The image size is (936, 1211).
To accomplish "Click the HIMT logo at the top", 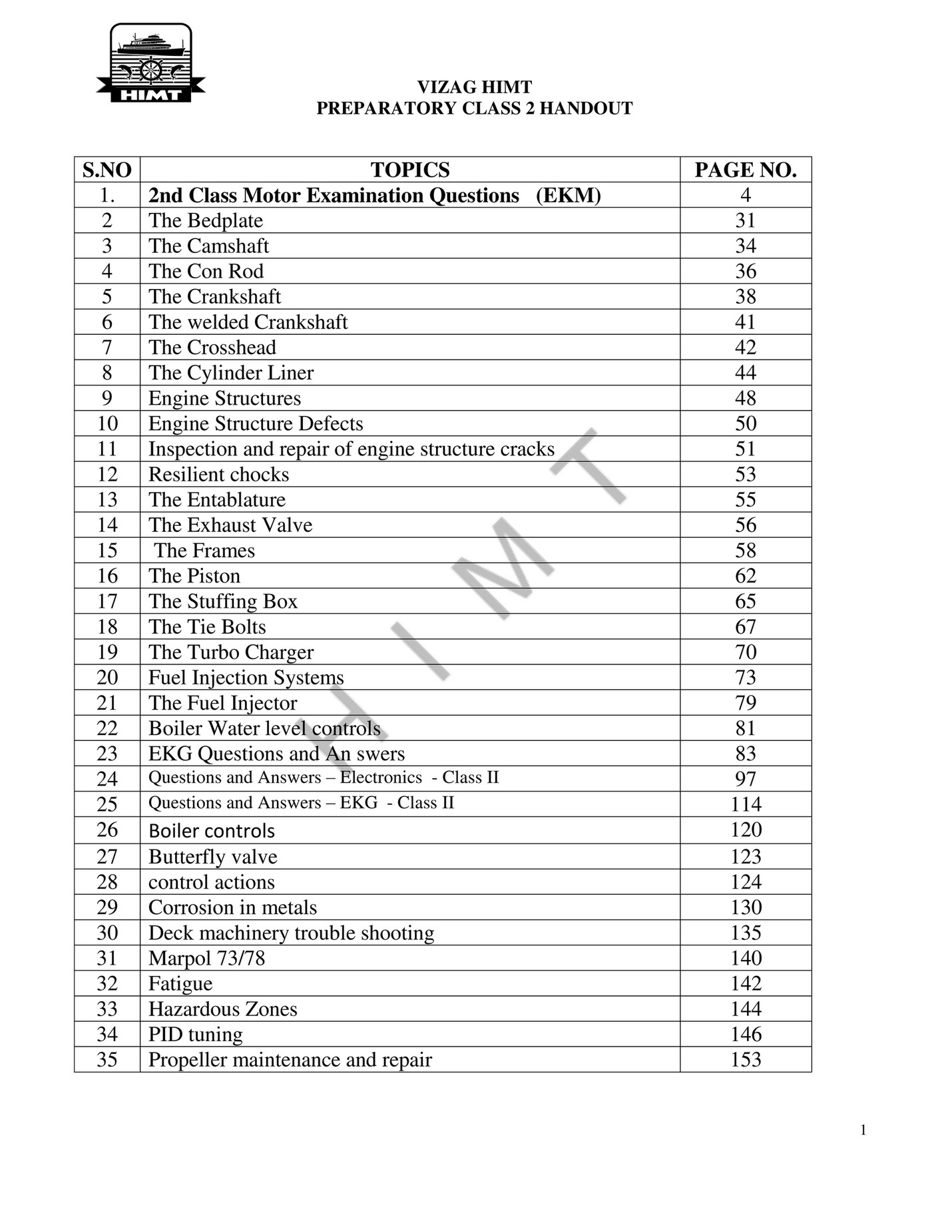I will click(x=151, y=63).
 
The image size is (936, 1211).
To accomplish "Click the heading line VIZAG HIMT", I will click(x=474, y=87).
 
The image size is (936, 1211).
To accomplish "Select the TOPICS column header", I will click(x=409, y=170).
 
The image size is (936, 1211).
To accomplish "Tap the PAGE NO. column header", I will click(x=745, y=170).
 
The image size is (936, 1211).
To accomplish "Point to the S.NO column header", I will click(x=107, y=170).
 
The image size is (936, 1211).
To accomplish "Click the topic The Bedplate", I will click(x=205, y=220).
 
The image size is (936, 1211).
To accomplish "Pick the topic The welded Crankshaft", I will click(x=248, y=322).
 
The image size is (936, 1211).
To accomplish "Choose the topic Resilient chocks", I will click(x=218, y=475).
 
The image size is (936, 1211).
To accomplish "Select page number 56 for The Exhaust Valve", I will click(x=745, y=525).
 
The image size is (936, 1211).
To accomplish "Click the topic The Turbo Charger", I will click(x=230, y=652).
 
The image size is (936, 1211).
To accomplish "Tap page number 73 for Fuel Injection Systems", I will click(x=745, y=678).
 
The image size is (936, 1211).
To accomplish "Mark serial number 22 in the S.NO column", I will click(x=107, y=728).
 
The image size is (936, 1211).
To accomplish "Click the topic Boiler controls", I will click(x=211, y=831).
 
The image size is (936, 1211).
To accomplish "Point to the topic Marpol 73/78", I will click(x=206, y=958).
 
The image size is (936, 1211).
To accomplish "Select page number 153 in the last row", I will click(x=745, y=1060).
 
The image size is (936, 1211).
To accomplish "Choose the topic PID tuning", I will click(x=195, y=1035).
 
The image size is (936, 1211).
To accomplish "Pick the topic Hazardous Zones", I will click(x=222, y=1009).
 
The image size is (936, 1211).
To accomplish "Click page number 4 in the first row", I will click(x=745, y=195).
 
